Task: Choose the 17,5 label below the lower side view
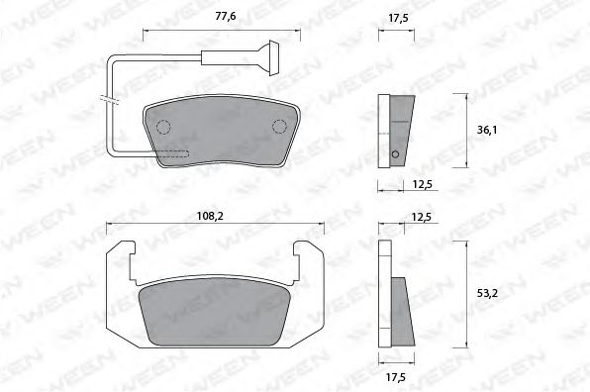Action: [x=396, y=376]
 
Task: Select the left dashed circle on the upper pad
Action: [x=163, y=125]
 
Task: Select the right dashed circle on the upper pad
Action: [x=279, y=125]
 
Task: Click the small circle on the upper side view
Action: [x=396, y=153]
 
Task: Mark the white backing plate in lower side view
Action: [x=384, y=297]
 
